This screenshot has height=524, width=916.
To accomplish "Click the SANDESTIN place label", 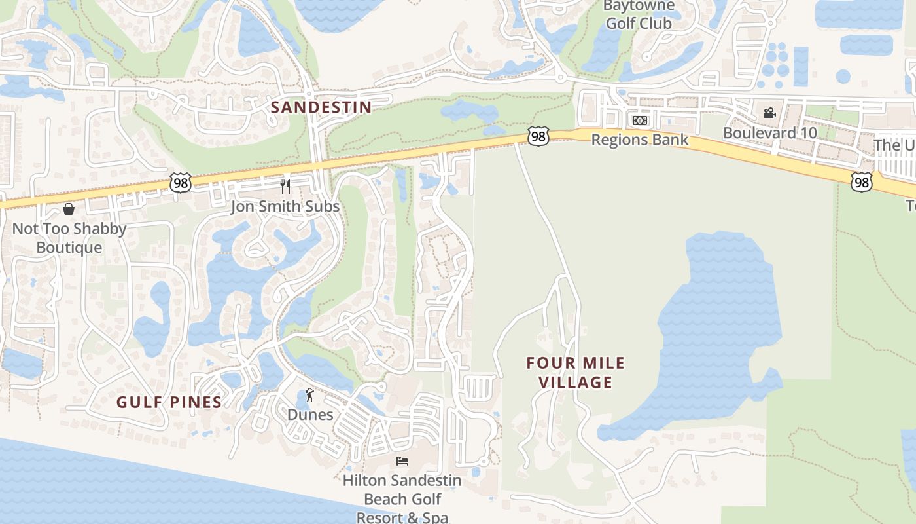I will (x=321, y=107).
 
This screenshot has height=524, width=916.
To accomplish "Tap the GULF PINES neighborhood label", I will (x=169, y=402).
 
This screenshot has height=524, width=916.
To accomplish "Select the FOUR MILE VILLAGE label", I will (x=576, y=372).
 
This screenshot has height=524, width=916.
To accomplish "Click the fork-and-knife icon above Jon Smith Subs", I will (x=285, y=187).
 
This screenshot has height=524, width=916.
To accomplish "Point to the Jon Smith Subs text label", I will (x=285, y=207).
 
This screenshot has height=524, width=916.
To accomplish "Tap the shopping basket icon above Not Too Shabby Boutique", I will (x=69, y=209).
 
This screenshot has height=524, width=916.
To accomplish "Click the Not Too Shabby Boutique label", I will (x=69, y=238).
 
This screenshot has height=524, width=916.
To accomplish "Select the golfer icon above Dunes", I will (x=309, y=395).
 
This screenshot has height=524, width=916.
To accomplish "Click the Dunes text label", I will (x=310, y=415).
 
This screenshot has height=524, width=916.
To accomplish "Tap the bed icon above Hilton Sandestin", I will (x=402, y=461).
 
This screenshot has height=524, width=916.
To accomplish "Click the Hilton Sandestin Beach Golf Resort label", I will (x=402, y=498).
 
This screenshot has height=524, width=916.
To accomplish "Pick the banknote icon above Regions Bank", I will (x=639, y=121).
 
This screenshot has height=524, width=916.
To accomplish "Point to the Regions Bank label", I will (x=639, y=140).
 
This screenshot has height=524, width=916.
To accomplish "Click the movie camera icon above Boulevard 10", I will (x=769, y=113).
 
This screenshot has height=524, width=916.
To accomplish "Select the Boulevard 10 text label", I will (x=769, y=133).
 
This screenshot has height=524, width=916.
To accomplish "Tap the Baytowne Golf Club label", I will (x=637, y=15).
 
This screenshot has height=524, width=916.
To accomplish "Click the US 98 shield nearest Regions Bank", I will (x=538, y=137).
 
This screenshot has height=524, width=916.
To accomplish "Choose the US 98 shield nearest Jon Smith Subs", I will (x=180, y=183).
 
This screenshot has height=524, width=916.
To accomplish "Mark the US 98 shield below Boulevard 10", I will (x=862, y=182).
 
